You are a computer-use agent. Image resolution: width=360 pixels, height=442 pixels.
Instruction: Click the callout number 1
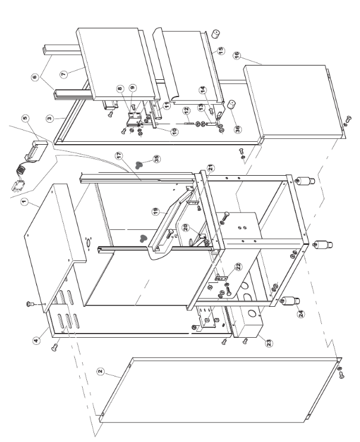pyautogui.click(x=24, y=203)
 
